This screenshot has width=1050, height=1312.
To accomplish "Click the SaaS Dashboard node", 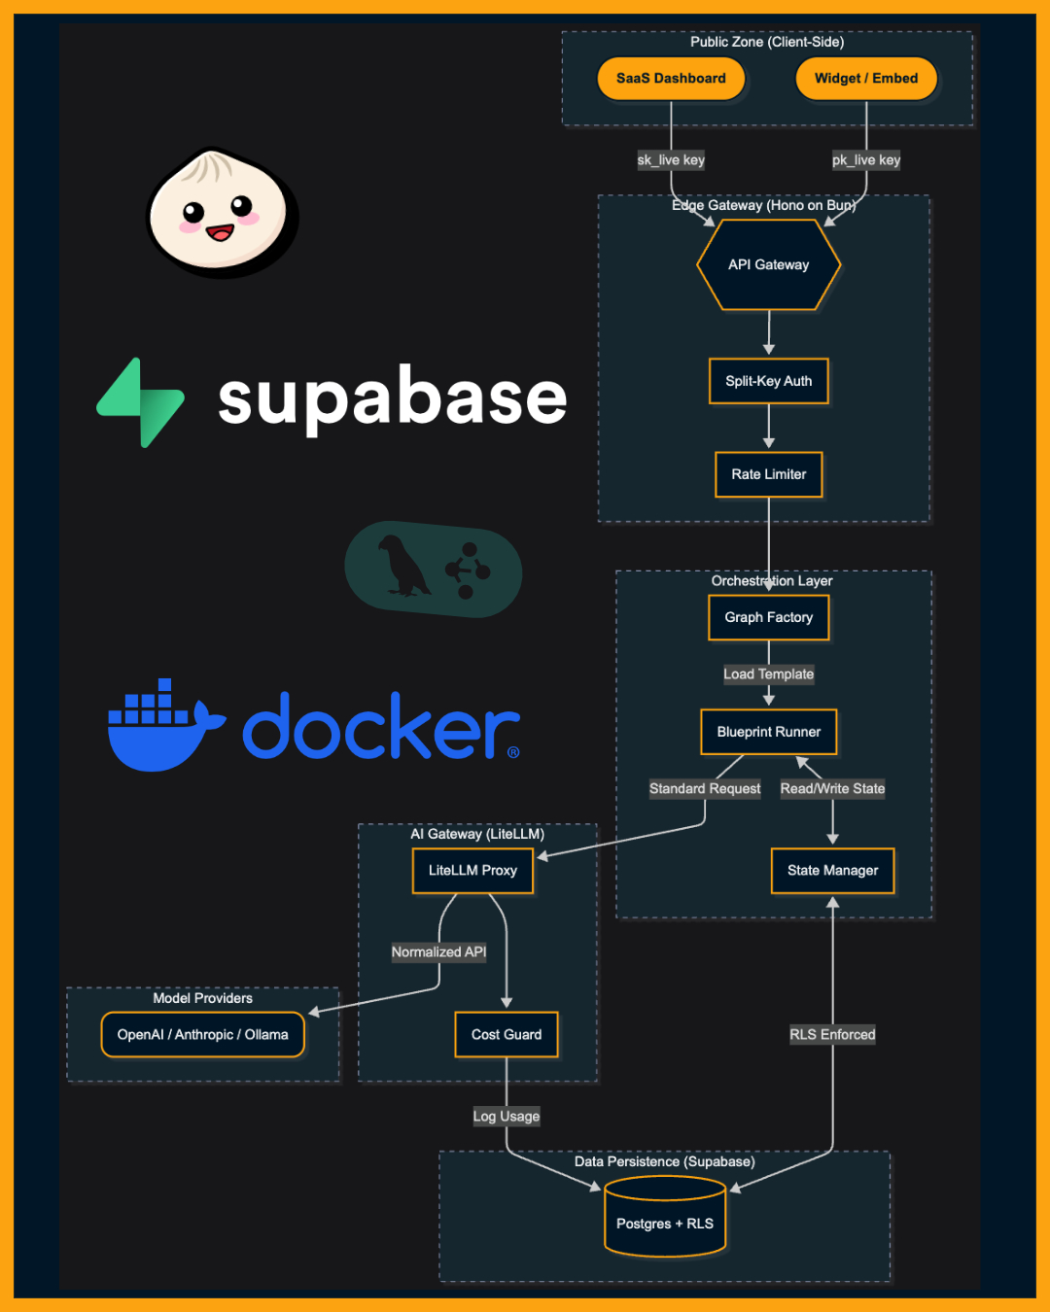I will [671, 79].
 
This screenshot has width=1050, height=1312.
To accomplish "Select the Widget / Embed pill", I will [866, 79].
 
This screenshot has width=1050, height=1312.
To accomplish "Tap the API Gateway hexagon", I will [768, 264].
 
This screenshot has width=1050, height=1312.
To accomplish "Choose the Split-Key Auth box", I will [768, 381].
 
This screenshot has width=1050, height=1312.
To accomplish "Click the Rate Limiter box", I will [768, 474].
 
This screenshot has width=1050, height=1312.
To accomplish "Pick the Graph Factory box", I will [768, 617].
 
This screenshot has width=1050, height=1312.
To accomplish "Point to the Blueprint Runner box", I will [768, 732].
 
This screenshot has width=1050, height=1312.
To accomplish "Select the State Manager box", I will [832, 870].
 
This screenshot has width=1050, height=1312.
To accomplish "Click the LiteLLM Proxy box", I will [472, 870].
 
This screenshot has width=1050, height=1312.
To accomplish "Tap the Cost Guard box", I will [507, 1034].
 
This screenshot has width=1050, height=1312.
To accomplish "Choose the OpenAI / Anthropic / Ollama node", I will [202, 1034].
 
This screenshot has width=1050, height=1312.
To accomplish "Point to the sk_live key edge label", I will [671, 160].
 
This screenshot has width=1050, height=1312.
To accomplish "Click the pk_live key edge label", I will [866, 160].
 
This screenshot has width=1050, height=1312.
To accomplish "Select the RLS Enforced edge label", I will [832, 1034].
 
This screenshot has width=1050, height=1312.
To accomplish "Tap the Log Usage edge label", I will [507, 1116].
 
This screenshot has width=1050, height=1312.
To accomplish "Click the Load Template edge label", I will [768, 674].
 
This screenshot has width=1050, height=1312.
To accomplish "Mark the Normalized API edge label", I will [438, 951].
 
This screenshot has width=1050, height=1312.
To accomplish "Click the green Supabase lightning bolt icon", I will [142, 402].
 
